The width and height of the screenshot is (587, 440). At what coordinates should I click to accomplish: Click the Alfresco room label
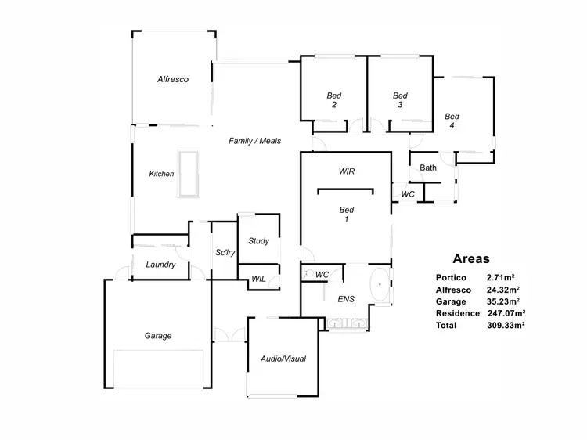click(x=172, y=79)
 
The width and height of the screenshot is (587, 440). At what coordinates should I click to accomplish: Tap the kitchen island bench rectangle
click(x=188, y=174)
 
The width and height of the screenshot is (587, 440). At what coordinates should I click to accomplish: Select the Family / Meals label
click(x=254, y=141)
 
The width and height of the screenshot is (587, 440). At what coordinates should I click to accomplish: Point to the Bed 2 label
click(x=334, y=100)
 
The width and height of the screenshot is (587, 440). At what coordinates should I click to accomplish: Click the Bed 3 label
click(x=400, y=100)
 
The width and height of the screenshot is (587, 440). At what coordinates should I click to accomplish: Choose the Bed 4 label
click(x=452, y=121)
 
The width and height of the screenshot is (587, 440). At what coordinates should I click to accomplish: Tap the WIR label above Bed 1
click(x=348, y=171)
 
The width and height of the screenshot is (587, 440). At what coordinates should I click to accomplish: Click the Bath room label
click(x=428, y=168)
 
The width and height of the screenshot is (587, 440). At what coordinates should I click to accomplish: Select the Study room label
click(x=258, y=241)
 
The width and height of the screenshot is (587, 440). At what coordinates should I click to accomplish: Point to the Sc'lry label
click(x=225, y=252)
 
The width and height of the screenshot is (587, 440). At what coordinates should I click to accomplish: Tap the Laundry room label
click(x=160, y=265)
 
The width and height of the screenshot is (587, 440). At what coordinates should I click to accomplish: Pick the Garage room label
click(x=157, y=336)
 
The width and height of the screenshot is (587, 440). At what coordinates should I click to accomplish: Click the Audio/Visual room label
click(x=283, y=359)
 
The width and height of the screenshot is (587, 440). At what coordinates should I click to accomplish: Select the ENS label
click(x=346, y=299)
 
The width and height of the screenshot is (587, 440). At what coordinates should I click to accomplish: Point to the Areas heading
click(x=471, y=258)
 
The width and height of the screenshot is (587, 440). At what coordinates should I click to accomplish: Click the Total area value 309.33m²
click(x=506, y=325)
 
